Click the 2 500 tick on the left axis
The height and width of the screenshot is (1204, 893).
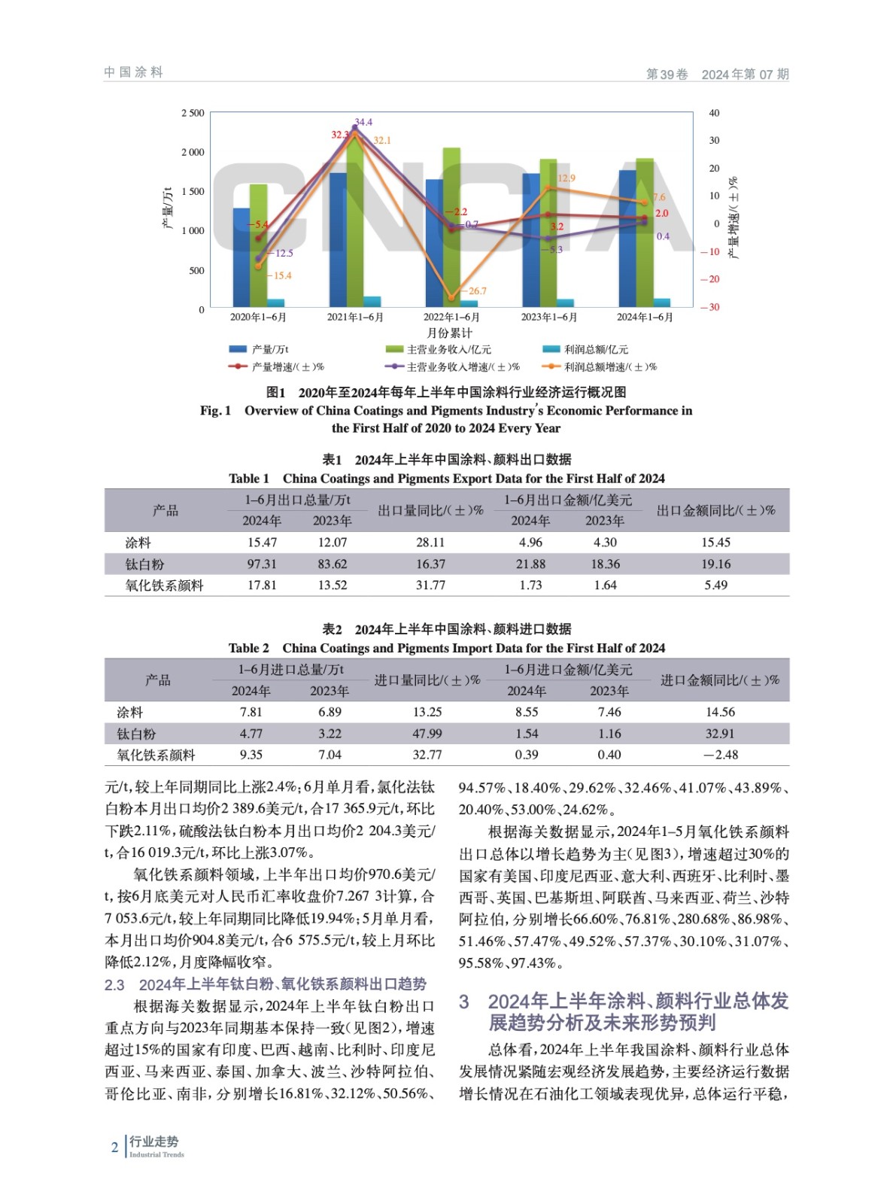pyautogui.click(x=193, y=114)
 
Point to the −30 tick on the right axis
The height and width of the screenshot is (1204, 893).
pyautogui.click(x=709, y=307)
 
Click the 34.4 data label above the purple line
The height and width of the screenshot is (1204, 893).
pyautogui.click(x=363, y=122)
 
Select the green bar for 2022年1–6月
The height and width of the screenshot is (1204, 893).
pyautogui.click(x=451, y=226)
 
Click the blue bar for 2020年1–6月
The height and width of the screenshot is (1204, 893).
pyautogui.click(x=241, y=257)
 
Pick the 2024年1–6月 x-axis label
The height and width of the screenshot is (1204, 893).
pyautogui.click(x=645, y=318)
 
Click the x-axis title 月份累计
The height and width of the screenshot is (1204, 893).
pyautogui.click(x=449, y=333)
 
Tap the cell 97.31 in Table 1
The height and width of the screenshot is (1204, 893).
pyautogui.click(x=262, y=564)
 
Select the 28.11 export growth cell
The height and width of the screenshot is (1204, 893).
pyautogui.click(x=430, y=543)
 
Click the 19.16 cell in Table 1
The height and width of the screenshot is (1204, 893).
pyautogui.click(x=715, y=564)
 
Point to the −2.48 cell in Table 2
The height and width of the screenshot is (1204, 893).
pyautogui.click(x=720, y=755)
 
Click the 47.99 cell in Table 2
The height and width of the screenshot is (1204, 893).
pyautogui.click(x=427, y=734)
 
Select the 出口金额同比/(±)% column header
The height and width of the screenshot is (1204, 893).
pyautogui.click(x=715, y=511)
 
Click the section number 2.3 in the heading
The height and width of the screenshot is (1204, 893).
pyautogui.click(x=114, y=985)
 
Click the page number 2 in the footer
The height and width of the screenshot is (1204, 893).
pyautogui.click(x=114, y=1148)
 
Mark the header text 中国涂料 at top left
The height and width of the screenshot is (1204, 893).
pyautogui.click(x=134, y=73)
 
